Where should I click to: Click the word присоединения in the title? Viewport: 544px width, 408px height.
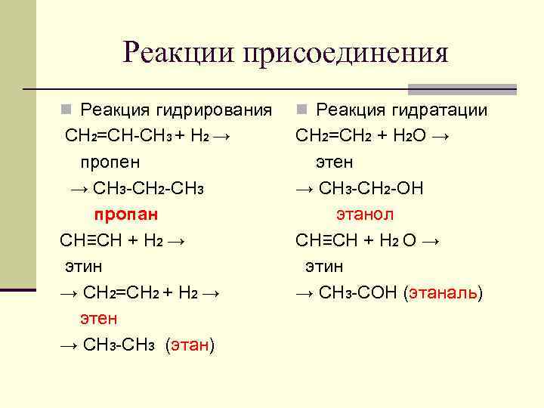click(346, 54)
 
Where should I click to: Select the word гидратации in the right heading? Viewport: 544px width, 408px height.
click(440, 110)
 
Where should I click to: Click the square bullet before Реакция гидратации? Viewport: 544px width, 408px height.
click(301, 110)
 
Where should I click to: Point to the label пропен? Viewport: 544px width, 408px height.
click(110, 162)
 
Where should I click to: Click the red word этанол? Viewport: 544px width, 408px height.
click(365, 214)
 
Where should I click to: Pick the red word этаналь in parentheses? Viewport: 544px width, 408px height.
click(443, 292)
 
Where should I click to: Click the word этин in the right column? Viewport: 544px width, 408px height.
click(324, 266)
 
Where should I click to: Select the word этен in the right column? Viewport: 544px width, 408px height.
click(334, 162)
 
